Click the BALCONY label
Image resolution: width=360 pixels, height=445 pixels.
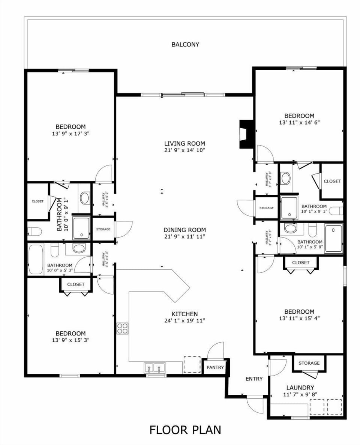[x=185, y=44]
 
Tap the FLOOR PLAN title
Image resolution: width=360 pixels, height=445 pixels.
[x=185, y=430]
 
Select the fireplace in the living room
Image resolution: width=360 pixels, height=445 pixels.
[x=246, y=134]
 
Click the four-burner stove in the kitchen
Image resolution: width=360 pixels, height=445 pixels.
[x=122, y=328]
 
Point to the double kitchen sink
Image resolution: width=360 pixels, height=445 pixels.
[x=155, y=368]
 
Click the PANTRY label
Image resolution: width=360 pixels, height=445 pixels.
[x=215, y=367]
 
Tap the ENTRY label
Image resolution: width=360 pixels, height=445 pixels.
[x=254, y=379]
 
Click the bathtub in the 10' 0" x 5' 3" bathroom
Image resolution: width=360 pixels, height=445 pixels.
[x=36, y=260]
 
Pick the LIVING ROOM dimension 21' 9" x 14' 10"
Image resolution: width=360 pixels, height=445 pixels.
[x=184, y=150]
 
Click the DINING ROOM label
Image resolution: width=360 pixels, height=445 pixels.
[x=184, y=230]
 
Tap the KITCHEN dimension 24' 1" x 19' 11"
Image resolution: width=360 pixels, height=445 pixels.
[x=184, y=320]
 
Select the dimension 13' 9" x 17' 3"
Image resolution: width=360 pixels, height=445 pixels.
[x=70, y=133]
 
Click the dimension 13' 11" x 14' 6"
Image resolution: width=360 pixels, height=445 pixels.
[x=299, y=122]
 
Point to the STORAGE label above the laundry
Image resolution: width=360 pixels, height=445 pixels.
[x=309, y=363]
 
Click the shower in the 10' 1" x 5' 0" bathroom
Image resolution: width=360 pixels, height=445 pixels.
[x=333, y=239]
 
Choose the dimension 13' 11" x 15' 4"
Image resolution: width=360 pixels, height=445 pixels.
[x=299, y=318]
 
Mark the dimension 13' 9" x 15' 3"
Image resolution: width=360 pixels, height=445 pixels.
[x=70, y=340]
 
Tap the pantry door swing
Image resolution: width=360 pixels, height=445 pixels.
[x=216, y=351]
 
